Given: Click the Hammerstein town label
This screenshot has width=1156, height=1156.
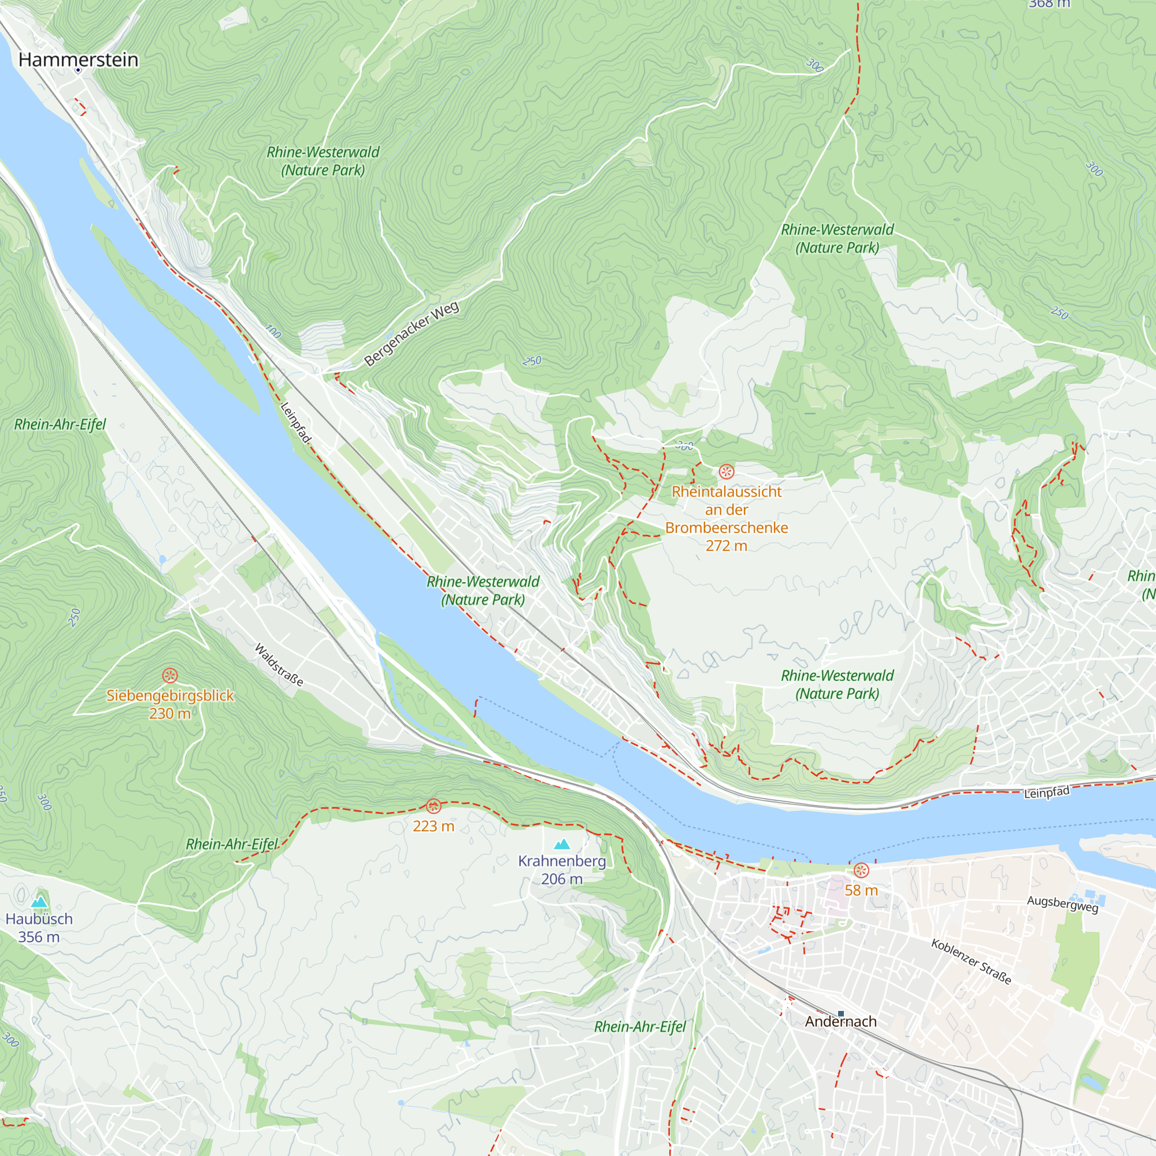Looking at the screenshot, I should (x=79, y=60).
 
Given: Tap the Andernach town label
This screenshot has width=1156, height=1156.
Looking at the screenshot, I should (x=840, y=1021).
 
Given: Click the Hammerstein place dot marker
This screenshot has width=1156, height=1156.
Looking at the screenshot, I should (x=78, y=71).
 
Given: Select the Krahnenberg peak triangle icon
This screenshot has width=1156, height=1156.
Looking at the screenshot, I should (x=562, y=844).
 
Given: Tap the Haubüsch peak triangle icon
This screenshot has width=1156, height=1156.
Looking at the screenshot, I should (x=39, y=902).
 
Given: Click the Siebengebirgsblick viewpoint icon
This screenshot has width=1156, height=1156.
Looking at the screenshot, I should (x=170, y=676).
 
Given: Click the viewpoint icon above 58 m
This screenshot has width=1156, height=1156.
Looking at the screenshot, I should (x=861, y=870).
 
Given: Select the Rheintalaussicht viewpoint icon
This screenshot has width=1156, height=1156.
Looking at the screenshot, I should (x=727, y=472).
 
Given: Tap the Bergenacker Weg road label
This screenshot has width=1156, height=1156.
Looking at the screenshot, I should (x=412, y=334).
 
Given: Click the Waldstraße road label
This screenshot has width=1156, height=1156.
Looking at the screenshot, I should (x=279, y=665).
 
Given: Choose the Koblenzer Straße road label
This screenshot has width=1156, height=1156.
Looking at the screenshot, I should (x=971, y=962).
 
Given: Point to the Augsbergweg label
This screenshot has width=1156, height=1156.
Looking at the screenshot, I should (x=1063, y=904).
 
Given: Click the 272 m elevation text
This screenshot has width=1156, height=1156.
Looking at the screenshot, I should (x=727, y=546).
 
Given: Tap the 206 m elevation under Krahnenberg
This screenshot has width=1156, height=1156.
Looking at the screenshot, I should (x=562, y=879).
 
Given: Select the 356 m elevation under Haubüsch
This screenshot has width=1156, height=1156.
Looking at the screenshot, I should (x=39, y=937).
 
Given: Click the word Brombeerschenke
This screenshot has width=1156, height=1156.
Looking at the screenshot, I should (x=727, y=528).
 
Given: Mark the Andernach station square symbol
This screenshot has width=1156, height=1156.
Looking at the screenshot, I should (x=840, y=1014).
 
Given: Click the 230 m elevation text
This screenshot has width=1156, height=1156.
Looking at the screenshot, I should (x=170, y=713).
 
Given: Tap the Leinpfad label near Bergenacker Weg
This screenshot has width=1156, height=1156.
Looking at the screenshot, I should (x=296, y=423).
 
